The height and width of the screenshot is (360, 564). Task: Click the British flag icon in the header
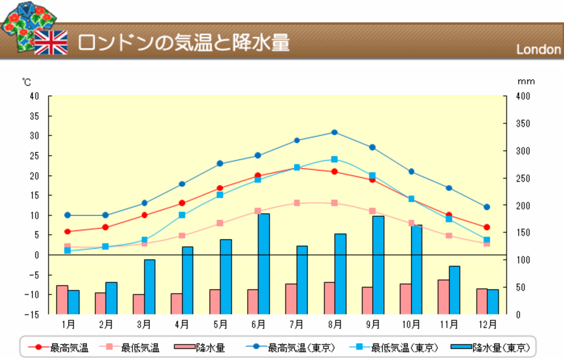51,43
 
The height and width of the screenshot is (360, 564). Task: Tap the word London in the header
538,50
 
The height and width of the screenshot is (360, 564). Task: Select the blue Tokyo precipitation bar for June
263,264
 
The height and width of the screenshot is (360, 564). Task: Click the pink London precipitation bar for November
443,297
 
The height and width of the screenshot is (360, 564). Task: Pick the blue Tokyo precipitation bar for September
378,265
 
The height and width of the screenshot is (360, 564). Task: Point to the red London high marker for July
296,167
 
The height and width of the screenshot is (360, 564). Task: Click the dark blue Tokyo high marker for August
334,132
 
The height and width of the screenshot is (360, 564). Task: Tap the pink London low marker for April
182,236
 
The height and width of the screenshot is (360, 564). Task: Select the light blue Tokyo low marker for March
144,240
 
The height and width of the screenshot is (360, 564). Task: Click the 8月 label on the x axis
334,324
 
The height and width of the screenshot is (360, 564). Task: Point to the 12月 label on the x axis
487,324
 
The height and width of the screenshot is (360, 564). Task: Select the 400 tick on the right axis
523,96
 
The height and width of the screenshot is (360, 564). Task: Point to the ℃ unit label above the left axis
27,82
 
